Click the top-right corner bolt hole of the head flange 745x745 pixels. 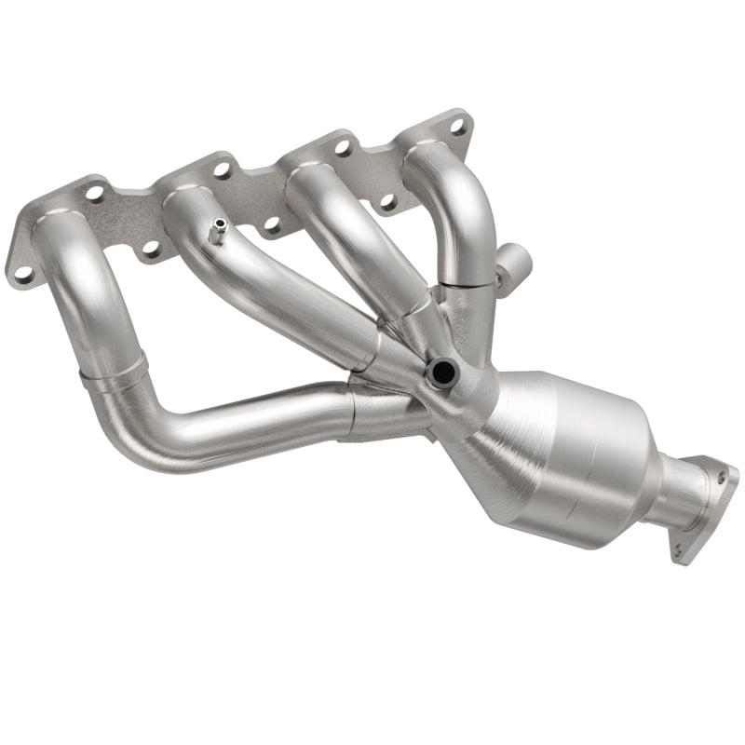pyautogui.click(x=457, y=122)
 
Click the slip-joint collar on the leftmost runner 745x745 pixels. pyautogui.click(x=112, y=370)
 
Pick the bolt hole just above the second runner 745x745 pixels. pyautogui.click(x=222, y=169)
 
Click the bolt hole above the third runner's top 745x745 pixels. pyautogui.click(x=344, y=147)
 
